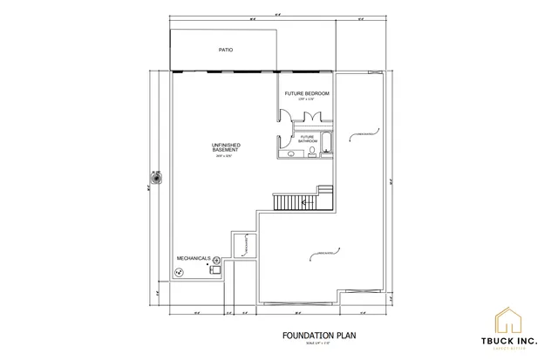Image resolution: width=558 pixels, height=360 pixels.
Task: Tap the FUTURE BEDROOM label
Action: coord(306,92)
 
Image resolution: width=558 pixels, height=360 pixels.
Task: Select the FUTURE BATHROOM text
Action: coord(307,139)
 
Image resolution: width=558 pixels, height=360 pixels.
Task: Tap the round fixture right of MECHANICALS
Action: coord(216,260)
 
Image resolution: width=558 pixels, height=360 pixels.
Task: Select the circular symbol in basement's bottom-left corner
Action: coord(179,272)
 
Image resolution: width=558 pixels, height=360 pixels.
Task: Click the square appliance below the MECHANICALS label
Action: coord(212,270)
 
